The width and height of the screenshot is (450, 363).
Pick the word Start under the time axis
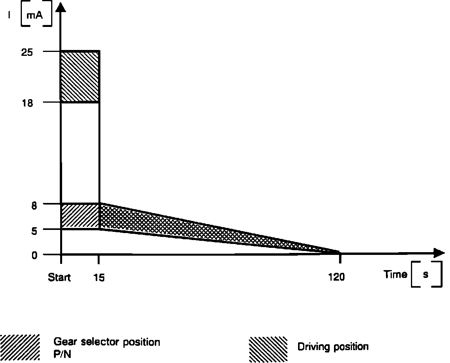59,278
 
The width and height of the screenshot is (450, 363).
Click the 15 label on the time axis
99,278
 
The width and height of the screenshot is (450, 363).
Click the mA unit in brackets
36,17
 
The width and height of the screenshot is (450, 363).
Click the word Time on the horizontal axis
395,274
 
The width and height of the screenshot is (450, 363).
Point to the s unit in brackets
426,274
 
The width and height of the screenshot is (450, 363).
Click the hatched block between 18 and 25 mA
80,77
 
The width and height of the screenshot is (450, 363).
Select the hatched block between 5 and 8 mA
80,216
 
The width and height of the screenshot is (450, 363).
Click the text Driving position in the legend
333,347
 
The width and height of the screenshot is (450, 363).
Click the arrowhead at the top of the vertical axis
61,7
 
